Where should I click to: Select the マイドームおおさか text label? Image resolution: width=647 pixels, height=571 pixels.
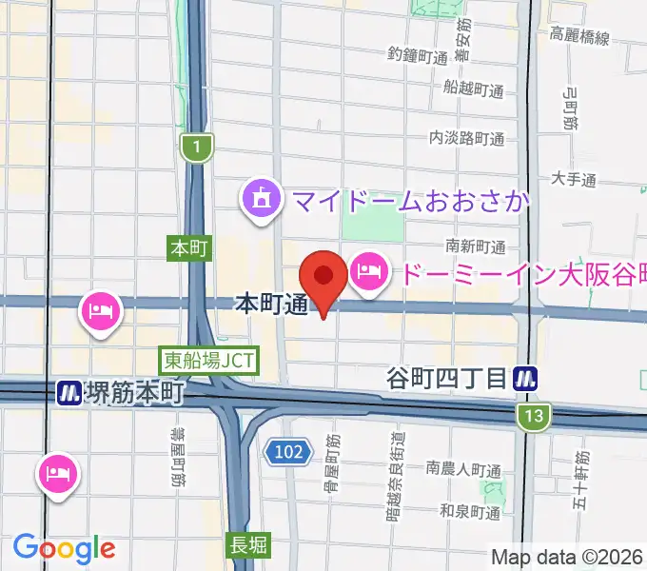tap(410, 201)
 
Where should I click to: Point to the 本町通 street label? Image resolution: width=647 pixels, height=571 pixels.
tap(271, 305)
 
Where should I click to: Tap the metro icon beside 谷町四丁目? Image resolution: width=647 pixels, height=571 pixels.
tap(524, 378)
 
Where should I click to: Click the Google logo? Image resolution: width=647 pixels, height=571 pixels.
tap(64, 547)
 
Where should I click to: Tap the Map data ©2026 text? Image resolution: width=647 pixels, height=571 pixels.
tap(567, 557)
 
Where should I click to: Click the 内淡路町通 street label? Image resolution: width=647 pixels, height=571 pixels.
tap(466, 138)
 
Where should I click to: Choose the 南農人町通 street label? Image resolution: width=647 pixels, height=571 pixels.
tap(463, 469)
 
